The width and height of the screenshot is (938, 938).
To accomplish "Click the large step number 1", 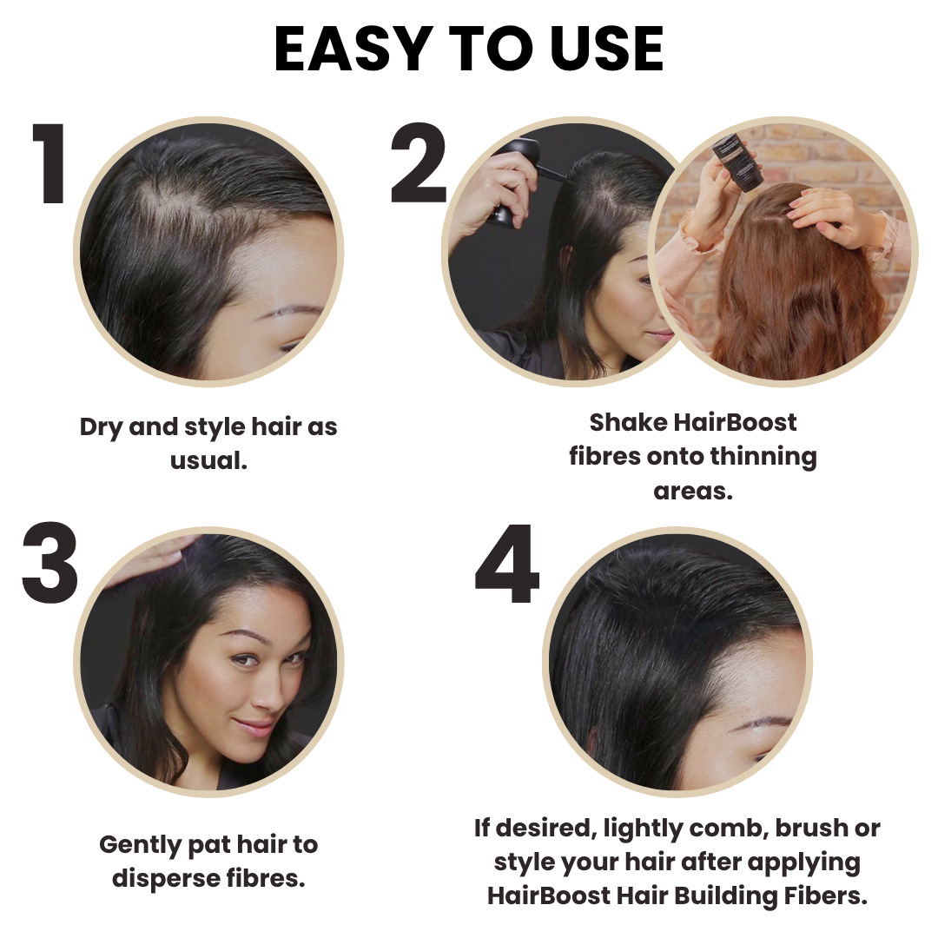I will coord(50,165).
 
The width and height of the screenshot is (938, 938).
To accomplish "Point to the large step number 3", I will coord(50,565).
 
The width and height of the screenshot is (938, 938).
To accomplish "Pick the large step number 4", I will coord(507,565).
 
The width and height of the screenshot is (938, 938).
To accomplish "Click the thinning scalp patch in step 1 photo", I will coord(174,195).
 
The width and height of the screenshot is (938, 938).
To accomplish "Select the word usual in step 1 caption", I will coord(208,461).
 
